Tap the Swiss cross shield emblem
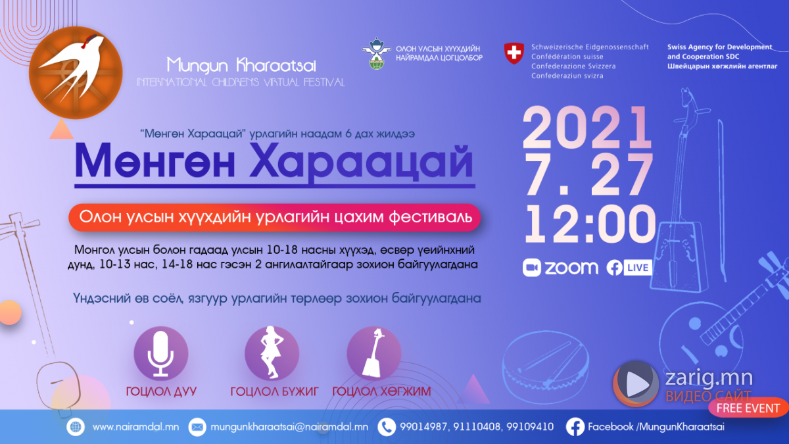[x=514, y=53]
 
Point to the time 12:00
[x=590, y=224]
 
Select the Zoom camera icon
[x=531, y=268]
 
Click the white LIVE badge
[x=638, y=268]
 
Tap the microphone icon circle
[x=160, y=353]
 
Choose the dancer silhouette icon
[x=272, y=353]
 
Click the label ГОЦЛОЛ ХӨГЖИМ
[x=381, y=391]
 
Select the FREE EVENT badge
[x=748, y=408]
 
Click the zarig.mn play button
[x=636, y=383]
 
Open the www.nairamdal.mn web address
[x=135, y=427]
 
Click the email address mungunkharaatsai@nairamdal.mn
[x=289, y=427]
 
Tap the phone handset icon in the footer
[x=387, y=427]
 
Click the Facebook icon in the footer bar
[x=575, y=427]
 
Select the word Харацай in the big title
[x=362, y=162]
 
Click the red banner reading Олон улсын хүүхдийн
[x=275, y=218]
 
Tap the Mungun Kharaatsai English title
[x=241, y=66]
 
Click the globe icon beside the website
[x=76, y=427]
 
